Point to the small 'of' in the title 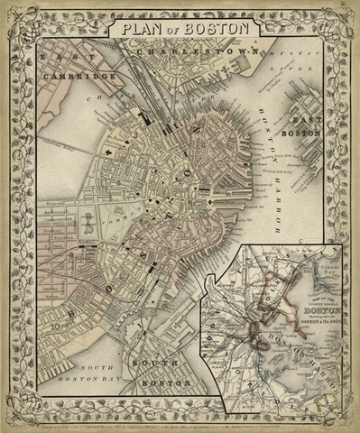pos(179,30)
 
